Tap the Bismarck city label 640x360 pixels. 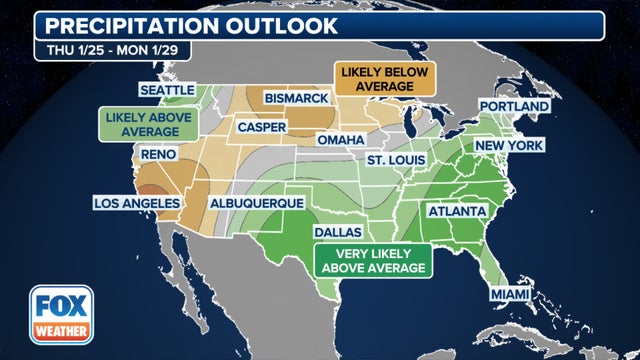coord(297,98)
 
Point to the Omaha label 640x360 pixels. coord(340,140)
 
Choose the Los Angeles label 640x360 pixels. coord(136,203)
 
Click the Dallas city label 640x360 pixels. coord(340,231)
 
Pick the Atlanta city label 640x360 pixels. coord(457,212)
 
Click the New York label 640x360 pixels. coord(509,145)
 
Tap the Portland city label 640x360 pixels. coord(514,106)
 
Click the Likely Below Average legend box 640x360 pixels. coord(372,80)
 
